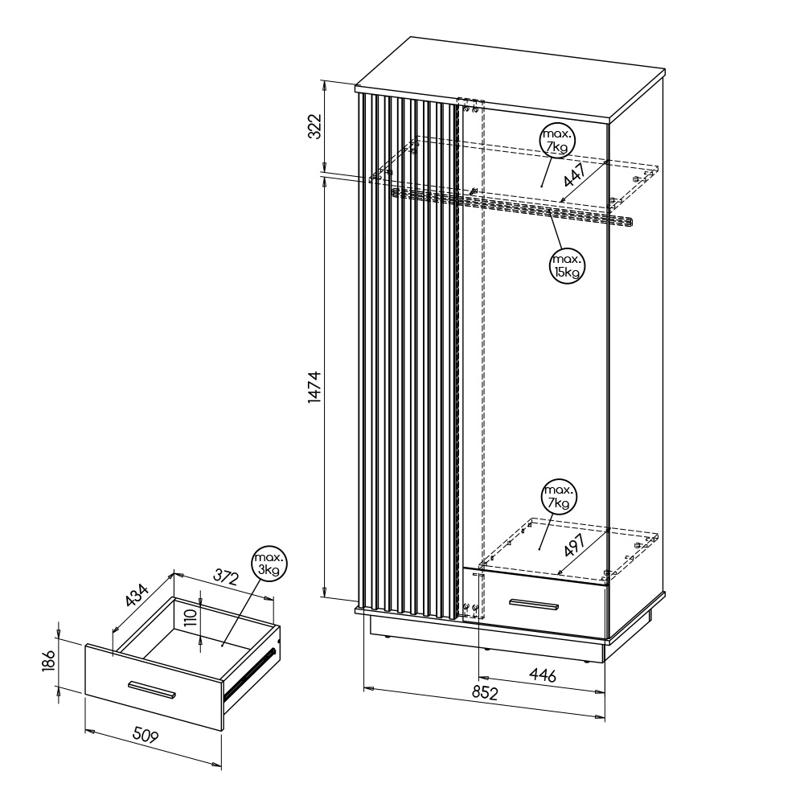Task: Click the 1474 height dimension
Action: pos(315,387)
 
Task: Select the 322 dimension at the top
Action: pos(314,126)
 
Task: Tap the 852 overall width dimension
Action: pos(485,693)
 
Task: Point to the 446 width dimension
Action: pos(543,675)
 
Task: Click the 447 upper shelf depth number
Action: pos(575,174)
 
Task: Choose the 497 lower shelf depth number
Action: pos(574,544)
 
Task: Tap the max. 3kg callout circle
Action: pos(269,564)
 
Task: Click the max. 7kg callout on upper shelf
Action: pos(557,141)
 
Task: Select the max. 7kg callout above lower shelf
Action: pos(559,497)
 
